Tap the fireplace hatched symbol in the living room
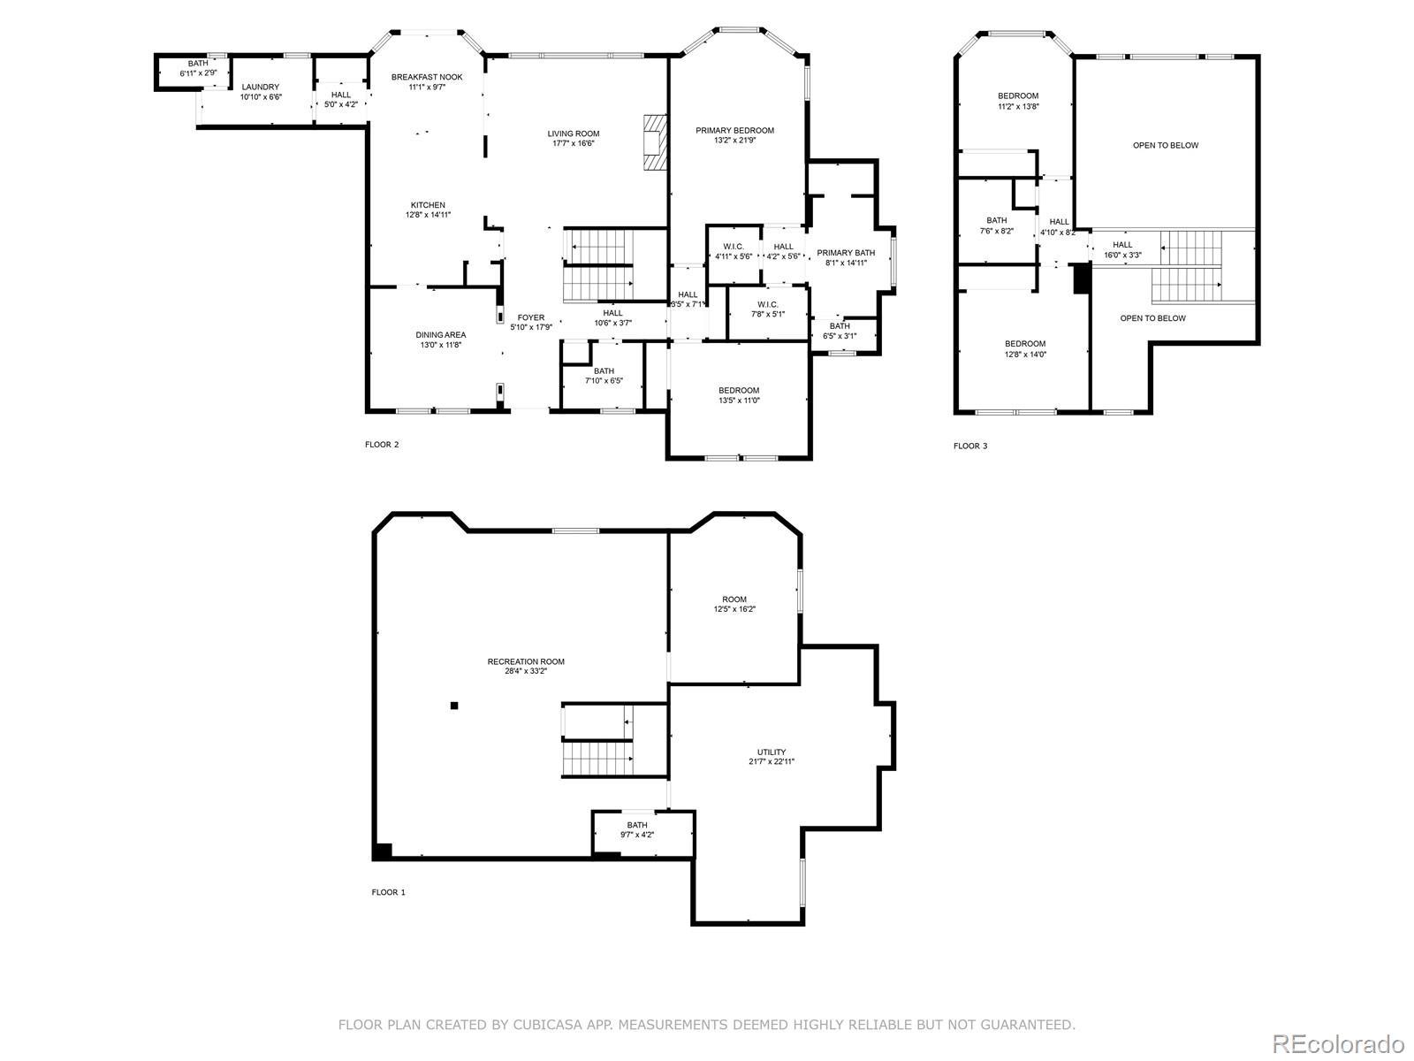point(654,141)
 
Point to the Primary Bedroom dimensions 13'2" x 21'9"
point(734,140)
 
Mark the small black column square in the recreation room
point(454,706)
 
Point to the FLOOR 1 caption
point(389,892)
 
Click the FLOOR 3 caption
point(970,446)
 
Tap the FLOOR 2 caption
point(382,445)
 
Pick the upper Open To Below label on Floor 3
point(1166,146)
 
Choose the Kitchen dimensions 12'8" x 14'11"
point(428,215)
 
